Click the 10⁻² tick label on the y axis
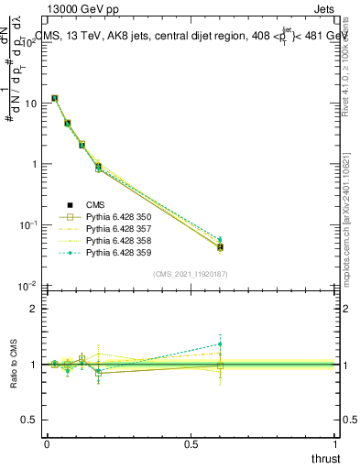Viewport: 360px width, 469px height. (x=26, y=287)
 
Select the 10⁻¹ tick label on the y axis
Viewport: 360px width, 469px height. (x=26, y=225)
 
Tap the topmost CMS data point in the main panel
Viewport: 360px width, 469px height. (x=55, y=98)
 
